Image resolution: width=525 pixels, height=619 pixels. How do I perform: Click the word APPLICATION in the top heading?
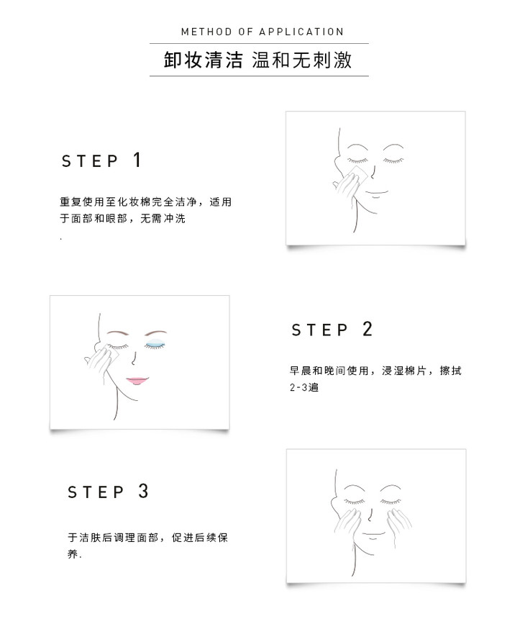pyautogui.click(x=301, y=32)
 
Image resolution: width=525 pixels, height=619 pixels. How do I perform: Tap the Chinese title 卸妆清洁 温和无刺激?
pyautogui.click(x=257, y=60)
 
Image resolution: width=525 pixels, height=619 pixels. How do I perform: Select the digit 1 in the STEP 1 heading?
pyautogui.click(x=137, y=160)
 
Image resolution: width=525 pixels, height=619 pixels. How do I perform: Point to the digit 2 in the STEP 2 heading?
pyautogui.click(x=367, y=329)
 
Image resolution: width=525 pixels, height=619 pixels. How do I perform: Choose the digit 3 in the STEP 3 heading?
pyautogui.click(x=143, y=491)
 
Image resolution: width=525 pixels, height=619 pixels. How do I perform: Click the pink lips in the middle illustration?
pyautogui.click(x=137, y=381)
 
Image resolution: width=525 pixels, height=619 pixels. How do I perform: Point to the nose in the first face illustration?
pyautogui.click(x=373, y=172)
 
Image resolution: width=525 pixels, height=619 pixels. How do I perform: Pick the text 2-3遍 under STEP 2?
pyautogui.click(x=304, y=387)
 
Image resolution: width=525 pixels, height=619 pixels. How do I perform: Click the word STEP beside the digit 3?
pyautogui.click(x=96, y=492)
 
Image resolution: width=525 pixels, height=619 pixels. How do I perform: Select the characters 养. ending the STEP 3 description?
pyautogui.click(x=75, y=554)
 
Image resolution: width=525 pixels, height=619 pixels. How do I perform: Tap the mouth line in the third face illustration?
pyautogui.click(x=373, y=535)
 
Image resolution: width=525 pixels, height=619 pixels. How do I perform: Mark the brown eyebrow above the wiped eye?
pyautogui.click(x=118, y=333)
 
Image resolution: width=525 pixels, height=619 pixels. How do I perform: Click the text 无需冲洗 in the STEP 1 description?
pyautogui.click(x=163, y=218)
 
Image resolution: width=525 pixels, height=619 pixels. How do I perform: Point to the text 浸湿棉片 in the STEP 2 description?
pyautogui.click(x=404, y=371)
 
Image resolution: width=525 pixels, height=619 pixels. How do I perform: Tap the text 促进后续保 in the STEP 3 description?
pyautogui.click(x=200, y=538)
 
